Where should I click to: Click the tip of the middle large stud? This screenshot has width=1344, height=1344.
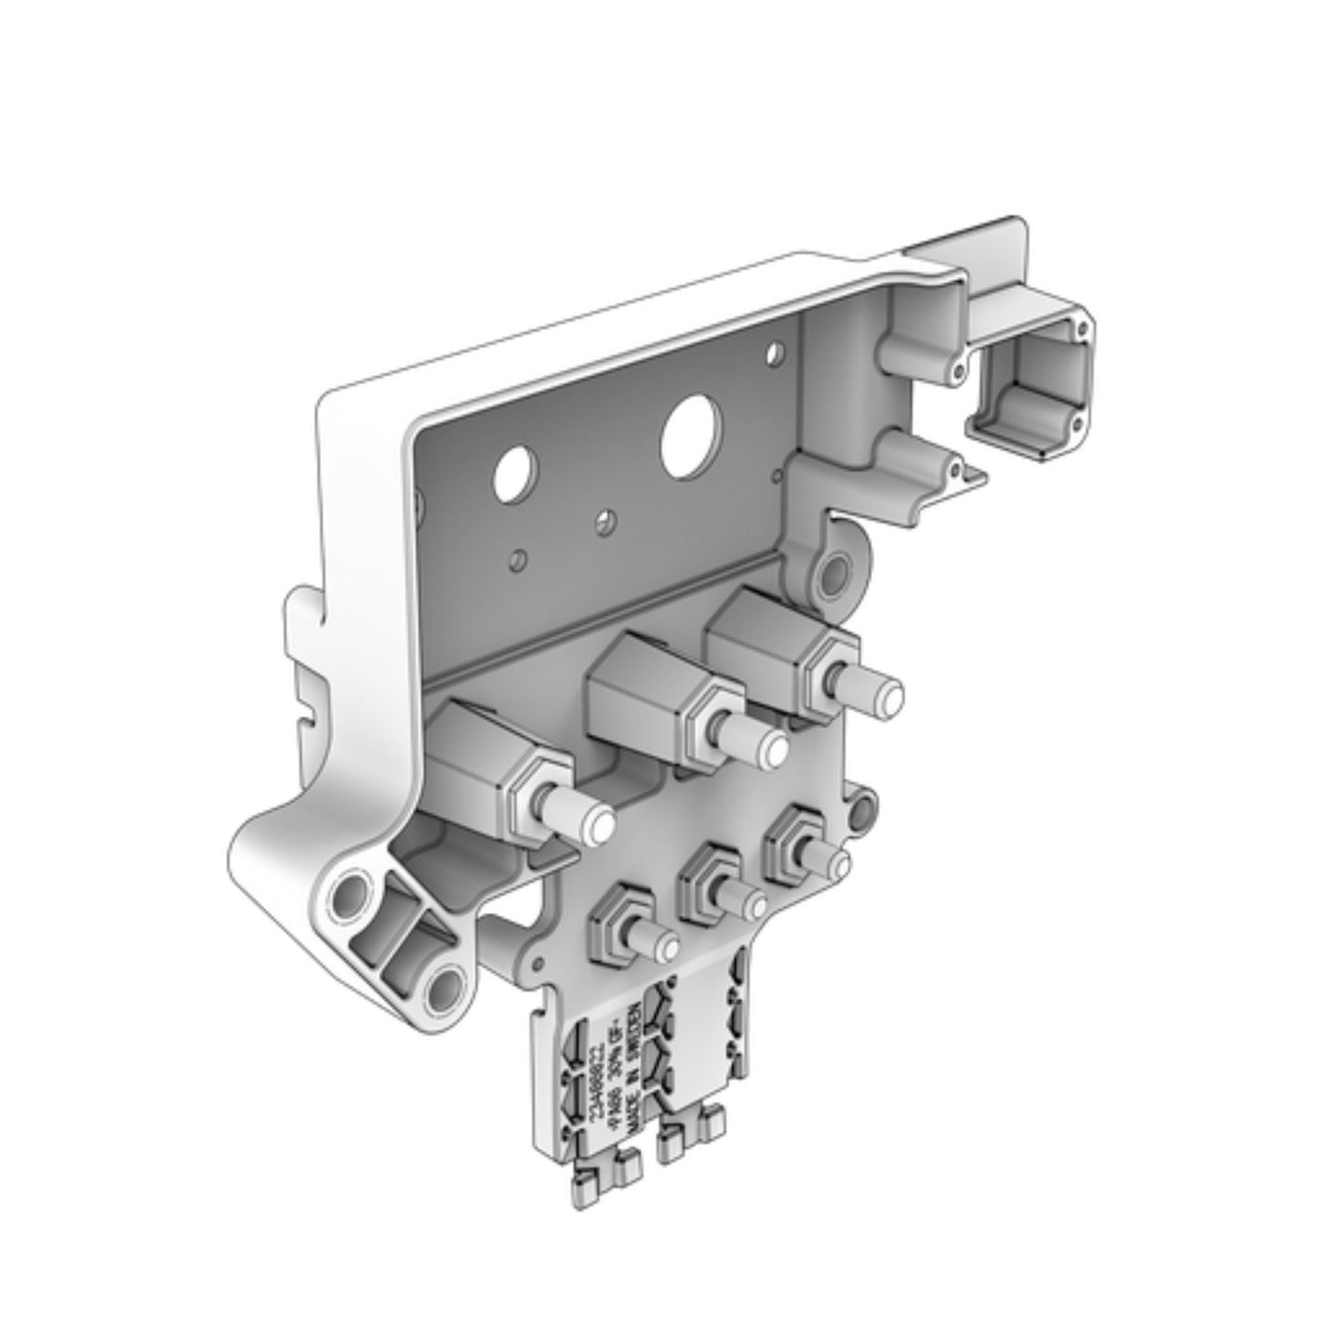[771, 748]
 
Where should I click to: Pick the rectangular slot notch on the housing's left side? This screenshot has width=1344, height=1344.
[303, 715]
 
